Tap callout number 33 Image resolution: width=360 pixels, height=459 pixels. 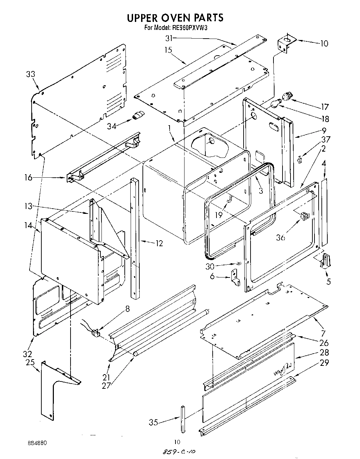coord(31,74)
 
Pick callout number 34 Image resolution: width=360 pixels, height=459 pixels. coord(112,126)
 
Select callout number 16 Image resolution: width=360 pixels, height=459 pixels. coord(28,178)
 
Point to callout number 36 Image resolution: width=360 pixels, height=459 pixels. coord(281,237)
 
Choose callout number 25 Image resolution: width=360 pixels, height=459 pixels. coord(30,363)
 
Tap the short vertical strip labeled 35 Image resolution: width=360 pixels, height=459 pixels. coord(183,417)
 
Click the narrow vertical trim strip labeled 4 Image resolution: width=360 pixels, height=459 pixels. coord(324,212)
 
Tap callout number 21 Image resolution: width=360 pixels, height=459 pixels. coord(106,377)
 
